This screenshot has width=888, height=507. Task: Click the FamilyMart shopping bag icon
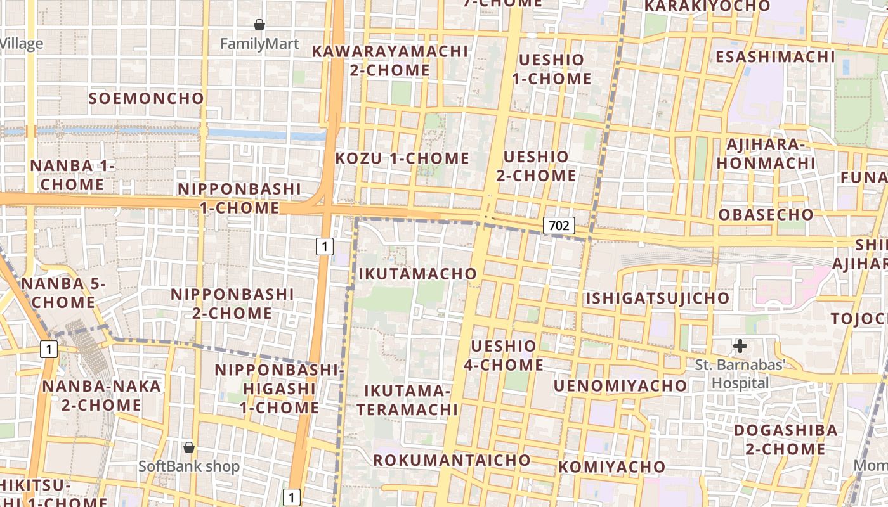259,25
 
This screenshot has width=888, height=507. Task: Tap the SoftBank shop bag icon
188,447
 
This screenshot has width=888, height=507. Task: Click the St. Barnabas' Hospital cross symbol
740,346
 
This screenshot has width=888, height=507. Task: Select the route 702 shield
559,225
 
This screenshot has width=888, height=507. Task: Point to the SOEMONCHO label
147,98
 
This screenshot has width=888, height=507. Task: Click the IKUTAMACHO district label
417,274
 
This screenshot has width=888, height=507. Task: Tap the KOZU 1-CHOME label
402,158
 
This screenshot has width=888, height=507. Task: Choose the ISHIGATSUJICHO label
657,298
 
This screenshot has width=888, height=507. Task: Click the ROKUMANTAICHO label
452,460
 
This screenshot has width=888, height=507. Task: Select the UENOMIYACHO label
620,385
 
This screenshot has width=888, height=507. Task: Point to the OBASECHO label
766,214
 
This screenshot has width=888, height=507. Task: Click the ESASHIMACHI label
775,56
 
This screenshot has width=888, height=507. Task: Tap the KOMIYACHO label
612,467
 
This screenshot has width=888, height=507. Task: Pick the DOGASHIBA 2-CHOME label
785,439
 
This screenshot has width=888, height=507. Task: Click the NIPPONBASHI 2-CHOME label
232,304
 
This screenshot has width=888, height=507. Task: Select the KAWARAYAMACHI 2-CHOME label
390,60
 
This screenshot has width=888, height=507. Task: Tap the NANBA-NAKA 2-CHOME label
101,395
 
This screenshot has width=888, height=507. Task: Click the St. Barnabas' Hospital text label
740,373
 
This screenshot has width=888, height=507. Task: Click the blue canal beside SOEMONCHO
266,134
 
